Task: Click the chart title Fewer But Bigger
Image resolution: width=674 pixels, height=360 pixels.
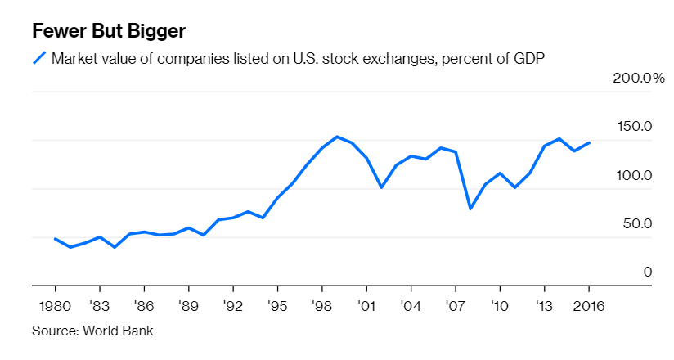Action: [x=109, y=31]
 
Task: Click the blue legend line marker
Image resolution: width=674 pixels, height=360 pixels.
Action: [x=38, y=58]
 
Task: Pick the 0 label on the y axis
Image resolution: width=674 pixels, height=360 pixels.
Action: [x=647, y=272]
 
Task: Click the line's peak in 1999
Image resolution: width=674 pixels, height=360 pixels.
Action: [x=337, y=137]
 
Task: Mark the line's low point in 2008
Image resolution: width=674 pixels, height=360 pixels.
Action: [x=470, y=209]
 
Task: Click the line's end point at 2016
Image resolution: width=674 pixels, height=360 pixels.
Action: [x=589, y=142]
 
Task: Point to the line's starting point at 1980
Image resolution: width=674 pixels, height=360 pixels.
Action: [x=55, y=239]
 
